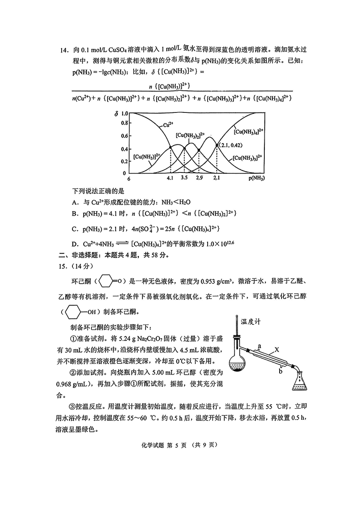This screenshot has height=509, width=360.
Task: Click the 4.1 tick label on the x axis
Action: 170,178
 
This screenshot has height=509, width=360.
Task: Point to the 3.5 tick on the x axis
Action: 184,178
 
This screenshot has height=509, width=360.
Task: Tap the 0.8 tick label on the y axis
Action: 124,125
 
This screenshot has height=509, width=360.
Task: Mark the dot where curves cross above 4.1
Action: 170,148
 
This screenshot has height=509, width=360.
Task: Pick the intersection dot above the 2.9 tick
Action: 199,150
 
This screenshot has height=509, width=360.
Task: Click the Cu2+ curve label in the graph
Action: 167,125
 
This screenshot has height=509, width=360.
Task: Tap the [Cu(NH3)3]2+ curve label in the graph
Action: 248,158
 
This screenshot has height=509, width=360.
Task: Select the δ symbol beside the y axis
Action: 116,113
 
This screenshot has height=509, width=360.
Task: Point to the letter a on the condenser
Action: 260,345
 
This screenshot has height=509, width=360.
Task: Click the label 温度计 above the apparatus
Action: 251,321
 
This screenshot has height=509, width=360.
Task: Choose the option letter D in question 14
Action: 74,244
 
